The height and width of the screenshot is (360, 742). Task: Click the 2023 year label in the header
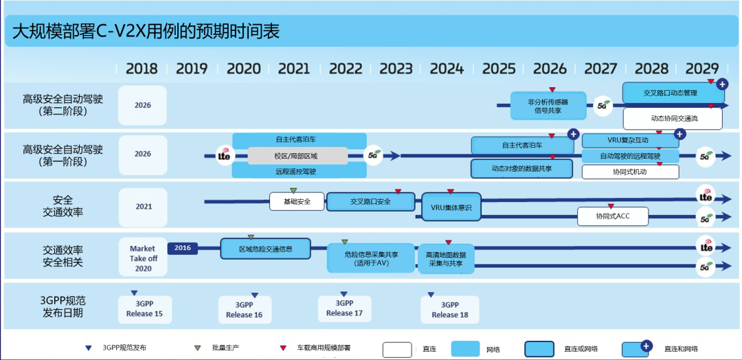point(396,69)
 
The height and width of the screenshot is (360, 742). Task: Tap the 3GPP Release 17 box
point(344,308)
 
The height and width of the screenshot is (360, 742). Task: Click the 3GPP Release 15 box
point(144,309)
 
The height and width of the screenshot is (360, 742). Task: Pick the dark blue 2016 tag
point(182,247)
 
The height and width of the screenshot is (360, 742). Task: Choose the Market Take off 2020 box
point(143,258)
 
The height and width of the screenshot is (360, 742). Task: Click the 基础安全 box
point(296,202)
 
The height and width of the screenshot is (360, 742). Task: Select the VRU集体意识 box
point(451,207)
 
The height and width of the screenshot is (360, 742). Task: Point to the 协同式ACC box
point(613,216)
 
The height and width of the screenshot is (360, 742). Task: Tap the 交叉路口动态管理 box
point(670,93)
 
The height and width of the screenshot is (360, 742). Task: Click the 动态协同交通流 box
point(673,119)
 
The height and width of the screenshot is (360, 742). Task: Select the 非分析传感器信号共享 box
point(548,106)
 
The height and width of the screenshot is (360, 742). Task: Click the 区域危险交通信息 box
point(265,249)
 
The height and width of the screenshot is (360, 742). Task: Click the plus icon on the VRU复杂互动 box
point(679,134)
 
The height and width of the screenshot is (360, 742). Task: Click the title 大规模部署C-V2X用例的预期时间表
point(146,32)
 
